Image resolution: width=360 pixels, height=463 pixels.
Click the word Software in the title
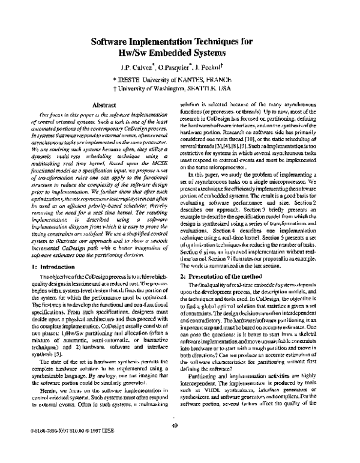coord(115,43)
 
